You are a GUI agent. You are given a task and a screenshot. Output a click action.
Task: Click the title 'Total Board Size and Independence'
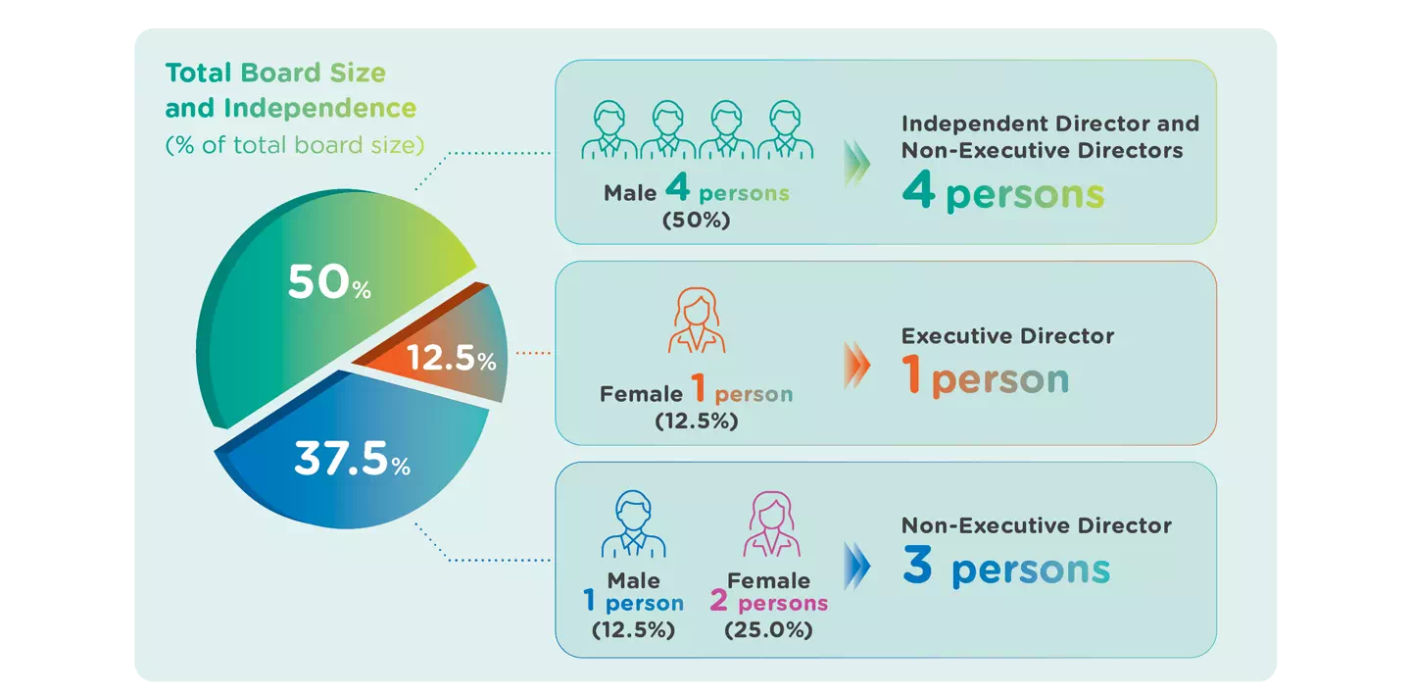coord(290,90)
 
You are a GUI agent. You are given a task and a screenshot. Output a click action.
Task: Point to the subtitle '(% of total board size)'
coord(295,145)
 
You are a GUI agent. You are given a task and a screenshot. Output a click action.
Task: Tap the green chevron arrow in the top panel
coord(855,163)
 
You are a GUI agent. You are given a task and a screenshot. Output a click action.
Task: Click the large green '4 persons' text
coord(1002,193)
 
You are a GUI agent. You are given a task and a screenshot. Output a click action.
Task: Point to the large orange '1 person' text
coord(986,378)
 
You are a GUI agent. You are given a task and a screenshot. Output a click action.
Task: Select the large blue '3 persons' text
coord(1006,570)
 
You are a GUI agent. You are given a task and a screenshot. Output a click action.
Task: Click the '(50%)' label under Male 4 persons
coord(697,221)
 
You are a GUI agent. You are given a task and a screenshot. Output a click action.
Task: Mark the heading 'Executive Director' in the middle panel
coord(1007,336)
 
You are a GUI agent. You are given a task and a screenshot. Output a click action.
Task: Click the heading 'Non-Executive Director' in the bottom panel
coord(1036,525)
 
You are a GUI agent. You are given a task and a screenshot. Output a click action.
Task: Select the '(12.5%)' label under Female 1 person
coord(696,421)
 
